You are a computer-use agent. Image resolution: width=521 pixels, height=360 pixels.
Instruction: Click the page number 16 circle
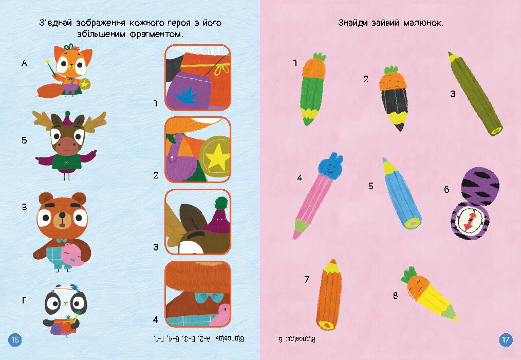[x=15, y=339]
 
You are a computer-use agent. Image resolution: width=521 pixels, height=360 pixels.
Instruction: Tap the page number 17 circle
[x=506, y=339]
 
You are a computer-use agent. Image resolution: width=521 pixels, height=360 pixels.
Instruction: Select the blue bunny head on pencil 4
[x=330, y=166]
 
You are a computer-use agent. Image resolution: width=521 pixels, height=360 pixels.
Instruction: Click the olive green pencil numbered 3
[x=475, y=93]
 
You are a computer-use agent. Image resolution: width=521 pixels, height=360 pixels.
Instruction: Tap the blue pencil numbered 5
[x=401, y=194]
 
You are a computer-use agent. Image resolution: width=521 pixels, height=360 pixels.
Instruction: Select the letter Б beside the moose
[x=24, y=140]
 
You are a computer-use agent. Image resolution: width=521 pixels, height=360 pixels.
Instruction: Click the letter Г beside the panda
[x=24, y=300]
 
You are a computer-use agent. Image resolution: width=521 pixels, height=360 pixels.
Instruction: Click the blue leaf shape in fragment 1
[x=186, y=95]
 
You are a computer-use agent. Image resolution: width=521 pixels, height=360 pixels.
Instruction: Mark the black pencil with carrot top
[x=395, y=98]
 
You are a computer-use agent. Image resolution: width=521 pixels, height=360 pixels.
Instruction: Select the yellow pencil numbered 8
[x=430, y=295]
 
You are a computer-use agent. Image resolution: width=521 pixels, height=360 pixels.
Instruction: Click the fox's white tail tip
[x=38, y=93]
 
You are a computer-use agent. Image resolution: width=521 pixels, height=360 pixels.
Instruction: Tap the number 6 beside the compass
[x=446, y=189]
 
